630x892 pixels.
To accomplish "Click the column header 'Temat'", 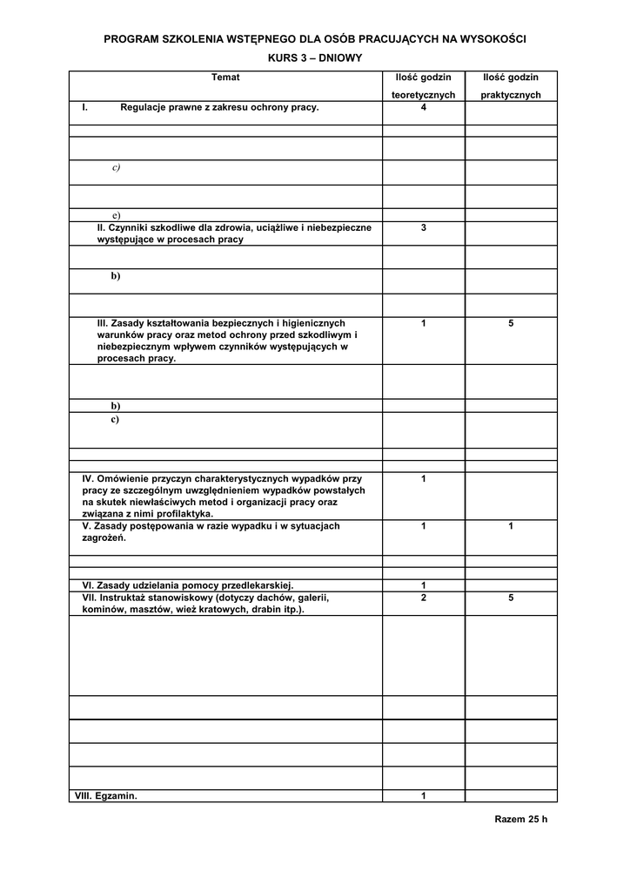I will click(225, 78).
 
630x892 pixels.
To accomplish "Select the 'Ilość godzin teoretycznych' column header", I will click(423, 86).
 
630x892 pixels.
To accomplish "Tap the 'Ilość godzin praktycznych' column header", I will click(511, 86).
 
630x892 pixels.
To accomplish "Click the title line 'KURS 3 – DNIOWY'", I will click(315, 57).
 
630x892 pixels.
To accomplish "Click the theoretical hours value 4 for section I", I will click(423, 108).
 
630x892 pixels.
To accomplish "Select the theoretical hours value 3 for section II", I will click(423, 227).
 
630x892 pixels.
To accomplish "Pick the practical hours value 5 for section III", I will click(511, 323).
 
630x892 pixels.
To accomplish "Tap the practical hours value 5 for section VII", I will click(511, 598).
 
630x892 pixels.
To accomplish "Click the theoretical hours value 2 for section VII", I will click(423, 598).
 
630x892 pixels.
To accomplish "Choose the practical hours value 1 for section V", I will click(511, 526).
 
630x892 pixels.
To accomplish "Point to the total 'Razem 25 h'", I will click(521, 819).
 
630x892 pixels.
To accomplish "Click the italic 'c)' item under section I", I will click(116, 167).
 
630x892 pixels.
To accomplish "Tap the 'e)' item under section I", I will click(116, 215).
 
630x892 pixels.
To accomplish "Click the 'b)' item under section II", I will click(116, 276).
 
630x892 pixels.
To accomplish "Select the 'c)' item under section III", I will click(115, 420).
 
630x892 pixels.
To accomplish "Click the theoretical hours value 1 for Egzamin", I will click(423, 796).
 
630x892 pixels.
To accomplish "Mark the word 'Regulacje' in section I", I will click(145, 108).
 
